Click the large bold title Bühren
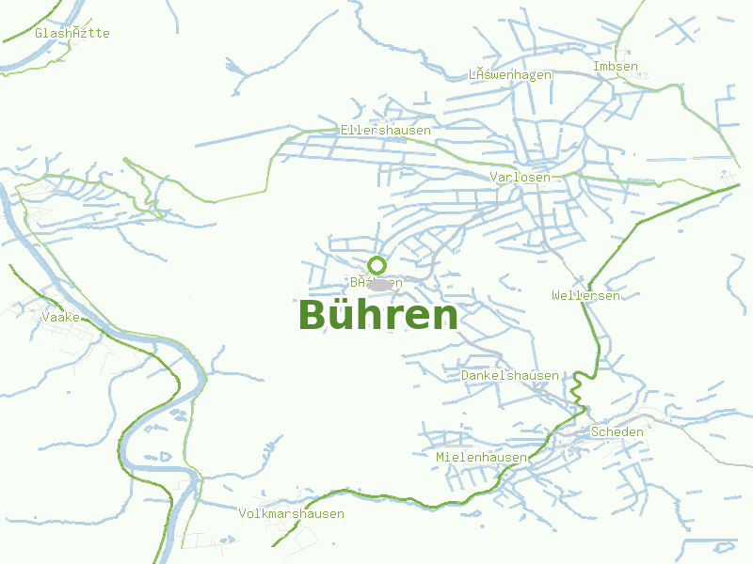tap(377, 315)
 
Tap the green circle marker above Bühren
tap(377, 265)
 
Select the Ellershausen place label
tap(386, 130)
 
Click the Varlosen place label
tap(520, 177)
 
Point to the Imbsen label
tap(616, 67)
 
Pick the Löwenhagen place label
tap(509, 75)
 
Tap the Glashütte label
tap(72, 34)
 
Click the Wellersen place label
tap(585, 296)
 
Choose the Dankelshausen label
tap(510, 375)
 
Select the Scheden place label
tap(617, 432)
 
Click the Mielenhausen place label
tap(481, 458)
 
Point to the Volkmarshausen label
tap(292, 514)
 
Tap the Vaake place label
tap(60, 318)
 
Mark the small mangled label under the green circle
tap(376, 282)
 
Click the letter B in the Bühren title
tap(313, 315)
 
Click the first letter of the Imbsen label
tap(597, 67)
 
